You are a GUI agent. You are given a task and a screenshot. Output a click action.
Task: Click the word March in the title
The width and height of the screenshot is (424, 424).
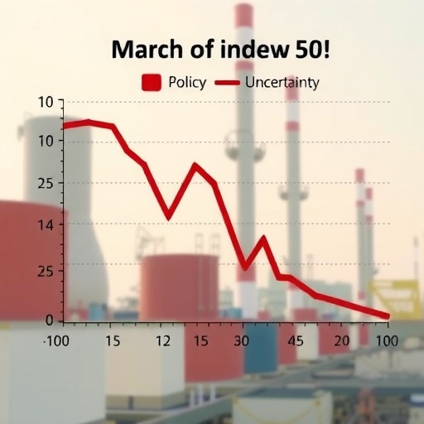click(x=147, y=49)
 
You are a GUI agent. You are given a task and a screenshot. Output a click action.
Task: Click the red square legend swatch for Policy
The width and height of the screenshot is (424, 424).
click(x=152, y=82)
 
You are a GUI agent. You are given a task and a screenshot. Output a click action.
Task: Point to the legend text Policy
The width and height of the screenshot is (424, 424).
click(x=187, y=83)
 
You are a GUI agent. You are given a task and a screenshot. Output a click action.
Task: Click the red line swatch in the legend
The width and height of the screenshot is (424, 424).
click(x=228, y=82)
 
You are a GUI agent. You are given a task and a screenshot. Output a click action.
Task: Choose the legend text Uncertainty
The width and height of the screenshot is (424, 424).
click(x=282, y=83)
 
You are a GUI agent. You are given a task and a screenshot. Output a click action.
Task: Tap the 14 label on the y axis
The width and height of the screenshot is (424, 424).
click(x=45, y=225)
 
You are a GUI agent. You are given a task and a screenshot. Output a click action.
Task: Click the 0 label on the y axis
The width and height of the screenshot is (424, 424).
click(x=49, y=320)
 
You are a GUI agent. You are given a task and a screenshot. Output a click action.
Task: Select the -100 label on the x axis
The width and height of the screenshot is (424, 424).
click(x=56, y=341)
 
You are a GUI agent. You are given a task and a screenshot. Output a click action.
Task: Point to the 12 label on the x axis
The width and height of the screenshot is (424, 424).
click(x=163, y=341)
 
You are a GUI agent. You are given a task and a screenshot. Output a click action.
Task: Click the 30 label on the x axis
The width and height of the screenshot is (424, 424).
click(x=242, y=341)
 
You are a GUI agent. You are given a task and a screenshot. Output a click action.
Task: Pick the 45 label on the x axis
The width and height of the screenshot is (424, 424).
click(x=296, y=341)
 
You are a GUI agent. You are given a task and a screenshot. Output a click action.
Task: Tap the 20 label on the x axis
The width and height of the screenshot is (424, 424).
click(x=342, y=341)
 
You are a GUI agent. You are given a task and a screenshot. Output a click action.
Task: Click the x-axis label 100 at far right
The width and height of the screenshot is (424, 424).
click(x=387, y=341)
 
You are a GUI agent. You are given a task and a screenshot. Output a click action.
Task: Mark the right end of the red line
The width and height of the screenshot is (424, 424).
click(x=388, y=316)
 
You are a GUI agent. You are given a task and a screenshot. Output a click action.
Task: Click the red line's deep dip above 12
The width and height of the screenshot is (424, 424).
click(x=168, y=217)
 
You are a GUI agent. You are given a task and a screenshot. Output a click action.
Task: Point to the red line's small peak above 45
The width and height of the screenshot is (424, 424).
click(x=263, y=238)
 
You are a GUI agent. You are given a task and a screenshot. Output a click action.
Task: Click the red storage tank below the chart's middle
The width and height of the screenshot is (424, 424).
click(x=180, y=287)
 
